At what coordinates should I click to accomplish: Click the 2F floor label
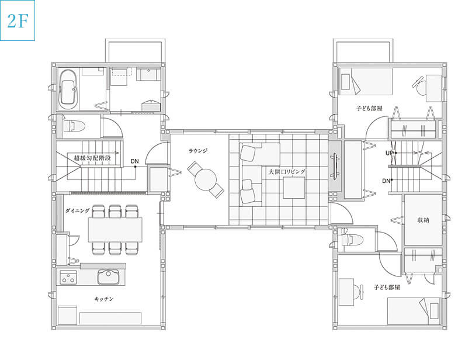click(x=18, y=20)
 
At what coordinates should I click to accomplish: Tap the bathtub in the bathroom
click(x=68, y=89)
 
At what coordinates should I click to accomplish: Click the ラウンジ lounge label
click(x=198, y=151)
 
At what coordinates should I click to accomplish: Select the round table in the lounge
click(x=206, y=180)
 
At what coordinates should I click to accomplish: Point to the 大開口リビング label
click(x=287, y=172)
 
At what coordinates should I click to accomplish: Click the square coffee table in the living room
click(x=294, y=188)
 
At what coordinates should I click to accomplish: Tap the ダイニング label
click(x=77, y=211)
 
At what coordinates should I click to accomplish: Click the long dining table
click(x=115, y=230)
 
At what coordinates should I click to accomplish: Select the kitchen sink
click(x=109, y=276)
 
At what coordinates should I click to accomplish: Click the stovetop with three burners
click(x=68, y=277)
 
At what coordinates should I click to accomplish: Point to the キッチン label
click(x=104, y=299)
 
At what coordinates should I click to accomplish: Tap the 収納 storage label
click(x=423, y=220)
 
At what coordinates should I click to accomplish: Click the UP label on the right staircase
click(x=389, y=153)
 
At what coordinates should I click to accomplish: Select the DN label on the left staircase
click(x=134, y=161)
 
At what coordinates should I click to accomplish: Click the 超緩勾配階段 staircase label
click(x=92, y=158)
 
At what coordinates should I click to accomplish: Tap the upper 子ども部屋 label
click(x=369, y=108)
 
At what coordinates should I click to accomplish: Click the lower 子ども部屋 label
click(x=387, y=288)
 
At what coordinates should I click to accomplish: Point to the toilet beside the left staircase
click(x=74, y=126)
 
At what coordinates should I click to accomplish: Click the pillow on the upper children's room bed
click(x=346, y=82)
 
